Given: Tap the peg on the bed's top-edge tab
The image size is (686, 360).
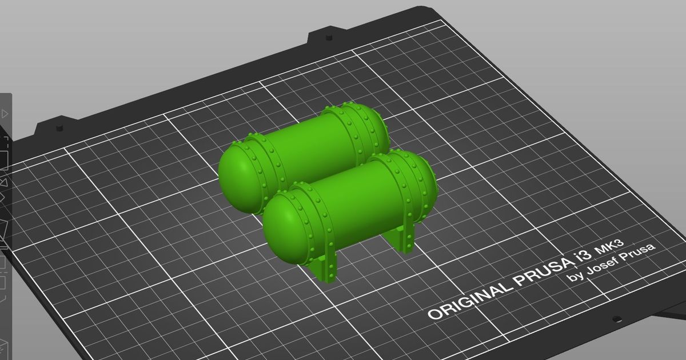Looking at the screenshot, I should coord(329,38).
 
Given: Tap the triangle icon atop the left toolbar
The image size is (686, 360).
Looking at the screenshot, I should coord(5,114).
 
